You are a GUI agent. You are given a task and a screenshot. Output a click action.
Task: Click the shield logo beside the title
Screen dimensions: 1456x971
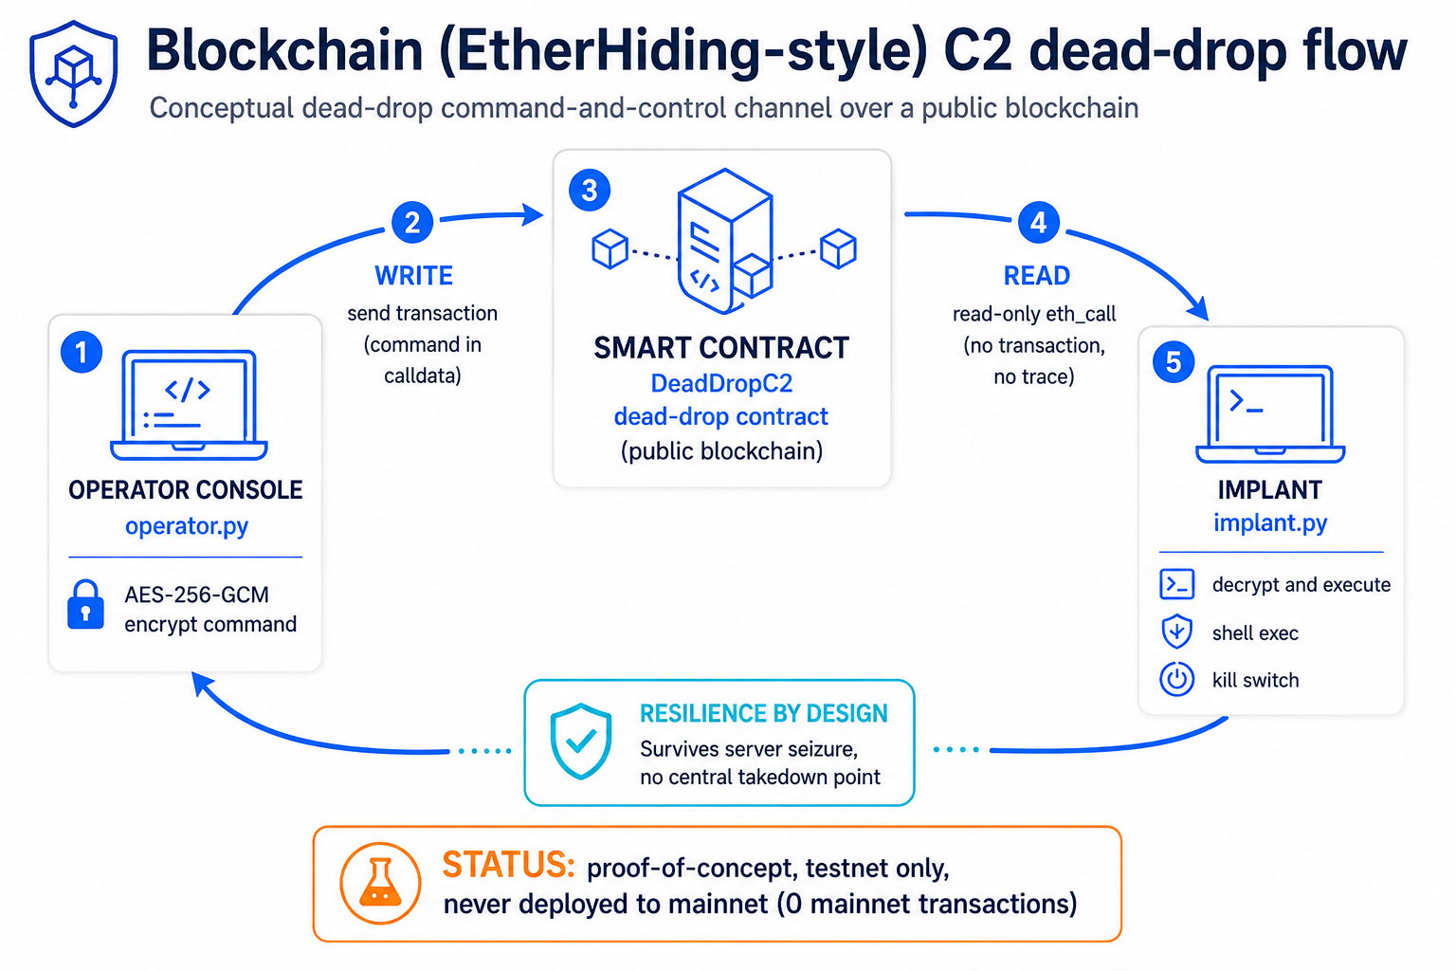pyautogui.click(x=73, y=74)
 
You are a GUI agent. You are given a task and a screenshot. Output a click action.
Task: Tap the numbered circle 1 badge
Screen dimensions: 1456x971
pyautogui.click(x=82, y=353)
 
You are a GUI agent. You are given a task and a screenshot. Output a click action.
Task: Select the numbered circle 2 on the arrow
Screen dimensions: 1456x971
pyautogui.click(x=412, y=223)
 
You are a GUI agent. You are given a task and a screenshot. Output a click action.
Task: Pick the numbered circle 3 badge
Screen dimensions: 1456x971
pyautogui.click(x=590, y=190)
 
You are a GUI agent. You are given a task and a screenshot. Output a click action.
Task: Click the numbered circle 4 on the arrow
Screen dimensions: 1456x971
pyautogui.click(x=1039, y=223)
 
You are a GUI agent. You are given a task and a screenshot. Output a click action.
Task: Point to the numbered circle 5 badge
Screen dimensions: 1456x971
pyautogui.click(x=1174, y=362)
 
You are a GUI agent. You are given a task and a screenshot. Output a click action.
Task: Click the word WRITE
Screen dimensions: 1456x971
pyautogui.click(x=413, y=276)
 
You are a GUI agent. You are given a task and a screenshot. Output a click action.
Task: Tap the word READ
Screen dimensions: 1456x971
pyautogui.click(x=1037, y=276)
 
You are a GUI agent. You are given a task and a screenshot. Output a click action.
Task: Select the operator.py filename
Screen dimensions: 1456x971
pyautogui.click(x=187, y=525)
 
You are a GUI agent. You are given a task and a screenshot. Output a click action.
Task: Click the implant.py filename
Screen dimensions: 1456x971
pyautogui.click(x=1270, y=522)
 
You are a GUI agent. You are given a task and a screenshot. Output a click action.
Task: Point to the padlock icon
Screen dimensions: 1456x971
pyautogui.click(x=86, y=605)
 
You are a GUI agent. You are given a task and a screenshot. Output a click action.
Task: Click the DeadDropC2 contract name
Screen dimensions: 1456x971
pyautogui.click(x=721, y=383)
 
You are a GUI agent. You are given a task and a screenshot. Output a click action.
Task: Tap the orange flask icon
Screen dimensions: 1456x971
pyautogui.click(x=380, y=883)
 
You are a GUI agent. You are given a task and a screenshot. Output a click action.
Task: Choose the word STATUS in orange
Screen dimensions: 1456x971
pyautogui.click(x=508, y=865)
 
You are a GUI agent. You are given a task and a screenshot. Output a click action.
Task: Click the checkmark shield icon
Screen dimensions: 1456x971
pyautogui.click(x=580, y=741)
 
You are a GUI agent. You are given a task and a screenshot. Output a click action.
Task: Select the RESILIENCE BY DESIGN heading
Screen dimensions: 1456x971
pyautogui.click(x=764, y=713)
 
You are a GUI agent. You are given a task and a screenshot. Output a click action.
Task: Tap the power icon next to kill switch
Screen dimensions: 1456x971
pyautogui.click(x=1176, y=680)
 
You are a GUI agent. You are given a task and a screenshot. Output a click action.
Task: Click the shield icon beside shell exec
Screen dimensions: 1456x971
pyautogui.click(x=1176, y=632)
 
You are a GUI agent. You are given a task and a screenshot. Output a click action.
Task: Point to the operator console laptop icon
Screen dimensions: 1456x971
pyautogui.click(x=189, y=405)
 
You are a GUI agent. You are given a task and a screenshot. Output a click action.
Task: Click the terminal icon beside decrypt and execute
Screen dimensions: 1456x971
pyautogui.click(x=1176, y=584)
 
